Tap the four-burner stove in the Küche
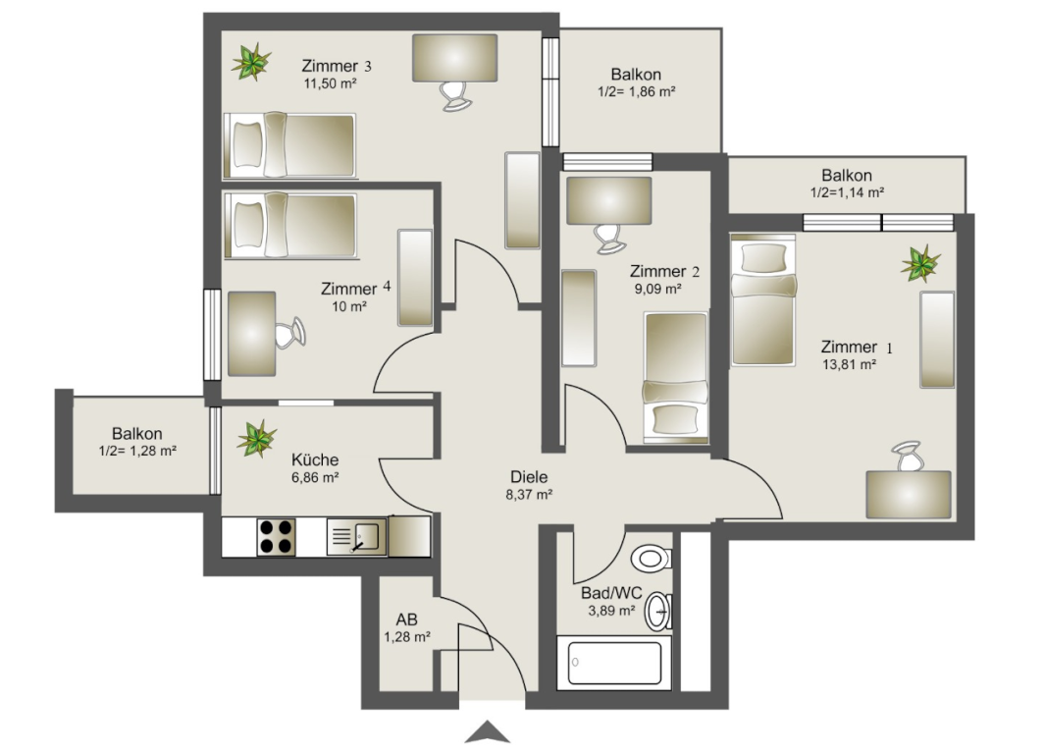coord(277,537)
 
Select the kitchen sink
coord(356,537)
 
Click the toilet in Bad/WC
coord(652,558)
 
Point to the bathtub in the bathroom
coord(614,663)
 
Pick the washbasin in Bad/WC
coord(658,612)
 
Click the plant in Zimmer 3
coord(251,62)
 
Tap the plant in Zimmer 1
coord(920,263)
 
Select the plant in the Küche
coord(256,439)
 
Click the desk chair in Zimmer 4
coord(290,333)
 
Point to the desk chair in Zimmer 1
coord(909,456)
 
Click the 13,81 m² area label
coord(849,364)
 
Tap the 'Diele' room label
coord(529,477)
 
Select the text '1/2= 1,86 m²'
coord(637,92)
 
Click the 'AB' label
coord(406,619)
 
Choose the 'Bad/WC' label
coord(611,593)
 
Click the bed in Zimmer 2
coord(676,377)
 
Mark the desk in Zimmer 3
coord(455,58)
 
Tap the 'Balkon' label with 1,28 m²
coord(137,433)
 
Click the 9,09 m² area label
coord(657,290)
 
